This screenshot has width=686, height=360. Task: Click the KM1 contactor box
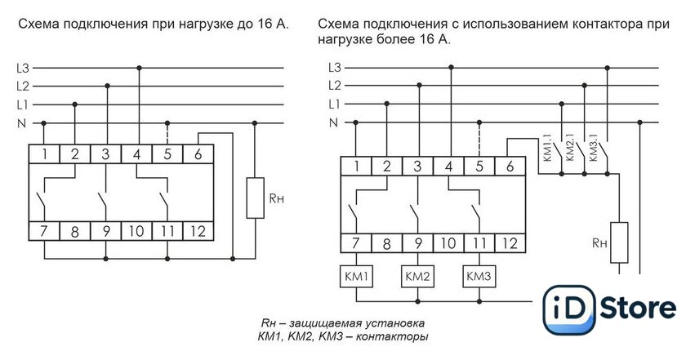coord(357,277)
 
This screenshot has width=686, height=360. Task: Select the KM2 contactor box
coord(418,277)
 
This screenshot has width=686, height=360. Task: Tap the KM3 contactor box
coord(479,277)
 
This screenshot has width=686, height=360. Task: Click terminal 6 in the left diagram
coord(198,154)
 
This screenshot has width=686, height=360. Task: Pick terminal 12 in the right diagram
coord(510,243)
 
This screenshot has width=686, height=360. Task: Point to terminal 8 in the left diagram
coord(75,231)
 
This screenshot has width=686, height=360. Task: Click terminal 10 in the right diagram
coord(448,243)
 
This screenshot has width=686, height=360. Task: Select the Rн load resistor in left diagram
coord(255,198)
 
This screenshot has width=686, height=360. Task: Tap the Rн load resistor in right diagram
coord(619,242)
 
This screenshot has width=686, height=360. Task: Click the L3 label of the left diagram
coord(22,69)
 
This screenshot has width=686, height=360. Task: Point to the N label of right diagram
coord(333,122)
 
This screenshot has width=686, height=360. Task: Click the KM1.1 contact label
coord(548,151)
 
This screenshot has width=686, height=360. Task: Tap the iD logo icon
coord(569,309)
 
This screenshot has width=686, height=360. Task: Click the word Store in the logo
coord(638,308)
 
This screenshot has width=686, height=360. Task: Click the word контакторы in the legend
coord(391,337)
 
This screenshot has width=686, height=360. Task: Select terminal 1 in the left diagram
coord(44,154)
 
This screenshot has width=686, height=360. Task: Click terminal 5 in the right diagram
coord(479,167)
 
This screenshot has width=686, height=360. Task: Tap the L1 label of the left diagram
coord(22,105)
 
